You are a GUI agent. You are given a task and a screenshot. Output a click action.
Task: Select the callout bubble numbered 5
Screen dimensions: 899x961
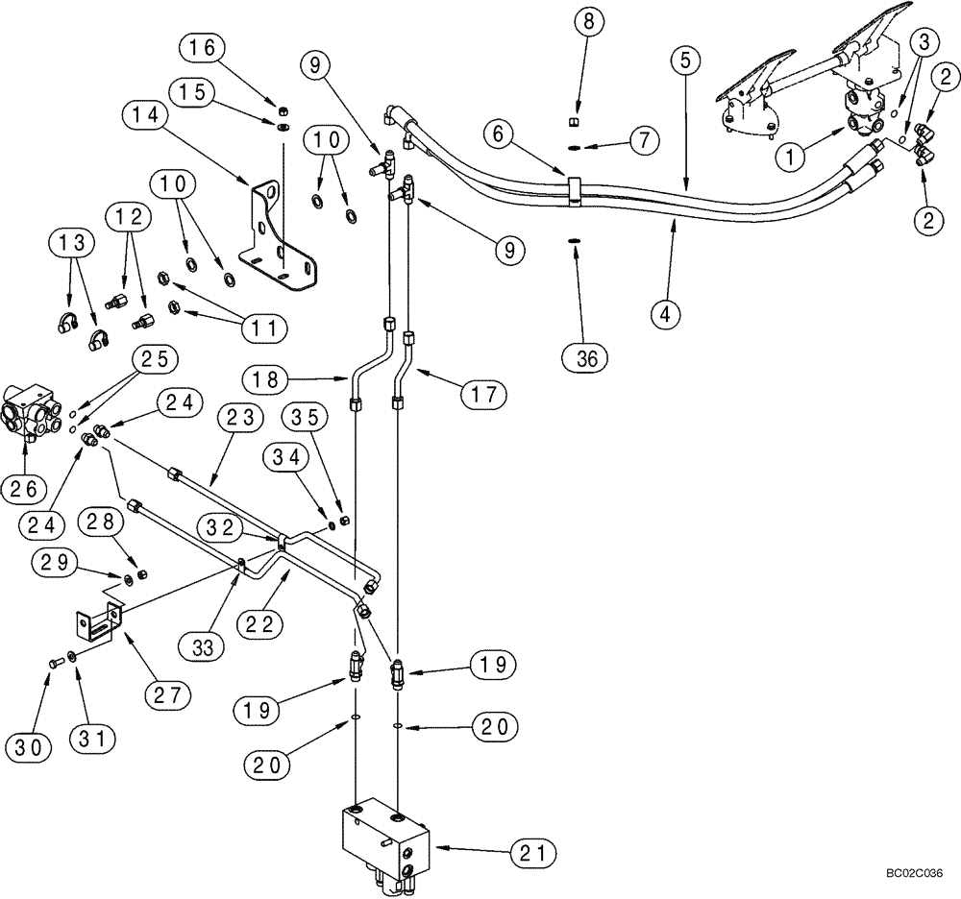click(x=685, y=61)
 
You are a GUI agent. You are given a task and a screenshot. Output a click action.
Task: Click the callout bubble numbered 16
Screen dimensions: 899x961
click(x=209, y=46)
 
